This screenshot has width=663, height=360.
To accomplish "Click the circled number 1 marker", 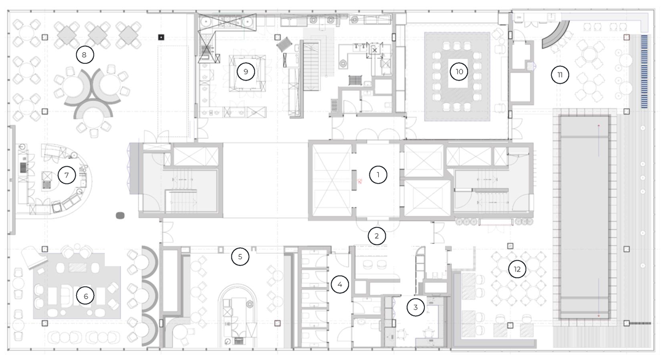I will point(378,174).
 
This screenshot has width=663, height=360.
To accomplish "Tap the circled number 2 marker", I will point(376,235).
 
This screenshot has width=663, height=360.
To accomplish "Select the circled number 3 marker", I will point(416,307).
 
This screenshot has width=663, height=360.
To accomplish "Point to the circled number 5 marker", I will point(240,257).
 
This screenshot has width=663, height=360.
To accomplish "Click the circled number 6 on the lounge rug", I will point(85,297).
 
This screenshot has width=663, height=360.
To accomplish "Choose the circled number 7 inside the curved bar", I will point(66,175).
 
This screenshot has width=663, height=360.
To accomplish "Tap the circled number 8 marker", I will point(84,55).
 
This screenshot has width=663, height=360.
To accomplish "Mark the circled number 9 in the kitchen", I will point(246,72).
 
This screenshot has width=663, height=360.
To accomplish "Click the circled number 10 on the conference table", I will point(459,72).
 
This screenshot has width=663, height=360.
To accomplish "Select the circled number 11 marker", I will point(559,75).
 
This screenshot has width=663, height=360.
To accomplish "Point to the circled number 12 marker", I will point(517,269).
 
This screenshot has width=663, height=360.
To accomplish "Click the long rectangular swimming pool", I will point(584,215).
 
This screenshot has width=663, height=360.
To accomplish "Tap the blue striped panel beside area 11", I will point(644,71).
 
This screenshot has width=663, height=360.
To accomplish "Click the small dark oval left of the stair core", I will point(120,216).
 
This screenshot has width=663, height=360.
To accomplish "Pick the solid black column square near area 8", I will point(161,37).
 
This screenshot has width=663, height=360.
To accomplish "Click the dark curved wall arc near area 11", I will point(556,35).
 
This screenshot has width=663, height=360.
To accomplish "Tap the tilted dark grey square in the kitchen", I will point(284,44).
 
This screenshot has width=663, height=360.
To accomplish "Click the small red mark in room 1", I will point(361,181).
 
